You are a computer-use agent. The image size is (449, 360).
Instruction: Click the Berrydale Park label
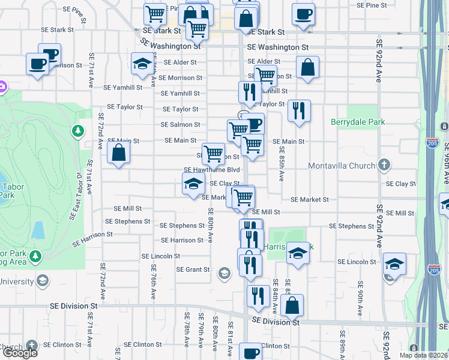pos(358,122)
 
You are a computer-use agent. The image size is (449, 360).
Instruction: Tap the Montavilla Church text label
pos(340,166)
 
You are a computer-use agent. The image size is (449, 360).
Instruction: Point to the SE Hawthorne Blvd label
pos(207,170)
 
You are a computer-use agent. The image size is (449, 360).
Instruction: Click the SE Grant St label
pos(193,269)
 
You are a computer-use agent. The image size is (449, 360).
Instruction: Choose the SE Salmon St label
pos(180,125)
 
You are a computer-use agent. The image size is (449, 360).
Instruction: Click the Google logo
pos(19,353)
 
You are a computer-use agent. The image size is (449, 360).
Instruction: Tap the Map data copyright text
pos(424,355)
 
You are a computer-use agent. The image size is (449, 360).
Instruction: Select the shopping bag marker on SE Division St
pos(292,305)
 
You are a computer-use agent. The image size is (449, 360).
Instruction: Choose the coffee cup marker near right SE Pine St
pos(303,14)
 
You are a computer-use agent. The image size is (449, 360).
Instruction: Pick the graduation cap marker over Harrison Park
pos(297,253)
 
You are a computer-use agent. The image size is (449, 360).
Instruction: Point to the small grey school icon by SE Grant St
pos(224,274)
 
